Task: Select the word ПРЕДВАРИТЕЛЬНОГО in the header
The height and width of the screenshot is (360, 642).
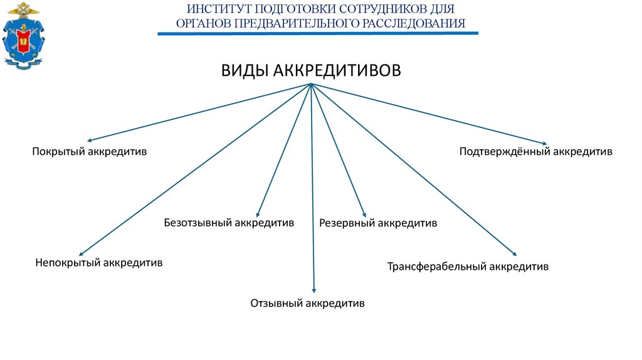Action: coord(297,24)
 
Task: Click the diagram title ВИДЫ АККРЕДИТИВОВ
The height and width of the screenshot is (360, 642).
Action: coord(310,70)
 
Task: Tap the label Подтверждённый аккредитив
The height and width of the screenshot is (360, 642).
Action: coord(535,152)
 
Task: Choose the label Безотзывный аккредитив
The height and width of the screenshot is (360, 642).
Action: coord(229,223)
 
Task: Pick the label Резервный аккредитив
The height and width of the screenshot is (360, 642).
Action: coord(378,223)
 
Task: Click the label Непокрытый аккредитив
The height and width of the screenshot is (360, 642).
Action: coord(99,263)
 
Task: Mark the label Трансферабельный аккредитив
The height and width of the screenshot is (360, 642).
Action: coord(468,267)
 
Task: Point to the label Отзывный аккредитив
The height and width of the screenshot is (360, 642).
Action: coord(307,304)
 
